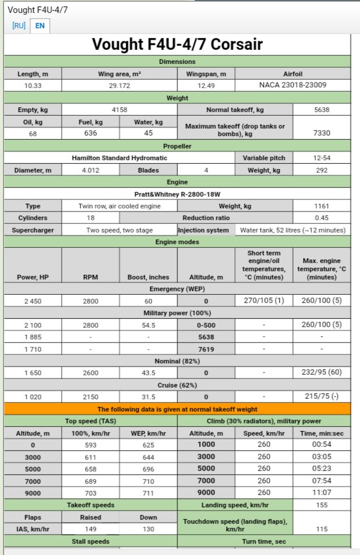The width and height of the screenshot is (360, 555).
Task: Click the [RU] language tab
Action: pos(19,26)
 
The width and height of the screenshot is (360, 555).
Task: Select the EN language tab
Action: pos(39,26)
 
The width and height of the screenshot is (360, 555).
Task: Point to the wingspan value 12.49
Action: pos(206,85)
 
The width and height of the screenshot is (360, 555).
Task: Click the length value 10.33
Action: pos(32,85)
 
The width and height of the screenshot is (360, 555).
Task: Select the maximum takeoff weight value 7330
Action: pos(321,133)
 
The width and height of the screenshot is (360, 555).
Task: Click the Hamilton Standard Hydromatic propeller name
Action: pos(120,158)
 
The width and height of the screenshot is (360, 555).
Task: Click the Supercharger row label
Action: pos(32,230)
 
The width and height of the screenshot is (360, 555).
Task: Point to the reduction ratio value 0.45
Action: pos(321,218)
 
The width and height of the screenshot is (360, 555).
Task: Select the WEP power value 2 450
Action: pos(32,301)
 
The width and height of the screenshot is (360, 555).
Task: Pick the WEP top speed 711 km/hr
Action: pos(148,493)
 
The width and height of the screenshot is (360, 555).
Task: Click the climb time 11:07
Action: pos(321,493)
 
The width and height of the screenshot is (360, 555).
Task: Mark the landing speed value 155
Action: pos(321,505)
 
